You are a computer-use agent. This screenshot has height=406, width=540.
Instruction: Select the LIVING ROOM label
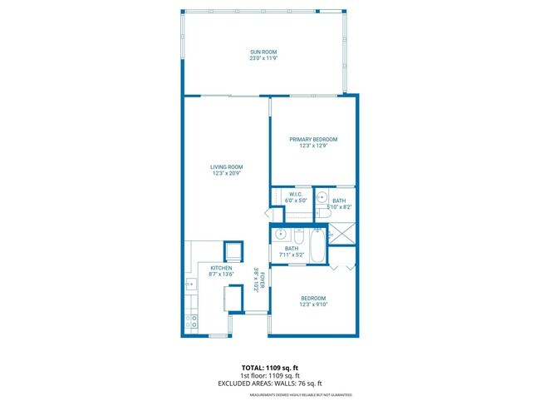pyautogui.click(x=226, y=166)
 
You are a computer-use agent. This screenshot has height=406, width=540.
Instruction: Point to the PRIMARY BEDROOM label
pyautogui.click(x=313, y=140)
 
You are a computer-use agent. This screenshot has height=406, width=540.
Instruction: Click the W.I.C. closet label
pyautogui.click(x=297, y=195)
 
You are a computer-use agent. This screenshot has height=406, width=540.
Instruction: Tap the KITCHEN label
pyautogui.click(x=209, y=268)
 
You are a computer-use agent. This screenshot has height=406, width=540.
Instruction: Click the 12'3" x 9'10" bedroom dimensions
pyautogui.click(x=313, y=304)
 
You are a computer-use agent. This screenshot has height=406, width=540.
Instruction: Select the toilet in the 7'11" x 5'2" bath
pyautogui.click(x=298, y=234)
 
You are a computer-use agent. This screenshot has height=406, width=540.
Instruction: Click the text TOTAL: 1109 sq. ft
pyautogui.click(x=269, y=366)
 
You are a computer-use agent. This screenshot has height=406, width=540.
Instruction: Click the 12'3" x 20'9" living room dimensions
pyautogui.click(x=226, y=172)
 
